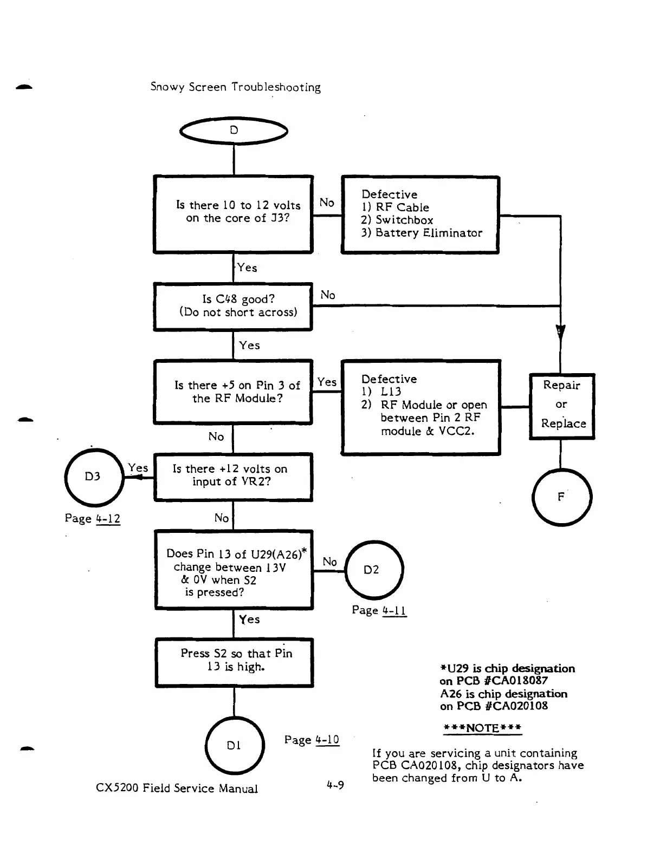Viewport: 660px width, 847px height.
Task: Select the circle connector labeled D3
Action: click(94, 477)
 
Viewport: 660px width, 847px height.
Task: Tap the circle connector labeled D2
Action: click(374, 570)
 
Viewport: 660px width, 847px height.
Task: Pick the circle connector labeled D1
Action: click(235, 745)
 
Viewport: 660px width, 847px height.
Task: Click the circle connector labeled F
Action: click(562, 497)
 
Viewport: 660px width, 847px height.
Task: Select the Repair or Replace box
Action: click(562, 406)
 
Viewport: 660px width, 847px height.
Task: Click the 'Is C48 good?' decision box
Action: click(233, 307)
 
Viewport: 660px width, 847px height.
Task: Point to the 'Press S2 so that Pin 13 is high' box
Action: click(234, 662)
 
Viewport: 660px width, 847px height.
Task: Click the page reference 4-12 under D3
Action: click(108, 518)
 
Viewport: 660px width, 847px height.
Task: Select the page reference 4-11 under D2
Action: click(394, 610)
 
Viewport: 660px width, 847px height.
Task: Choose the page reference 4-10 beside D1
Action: click(327, 739)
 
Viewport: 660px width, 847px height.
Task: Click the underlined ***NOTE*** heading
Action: click(482, 728)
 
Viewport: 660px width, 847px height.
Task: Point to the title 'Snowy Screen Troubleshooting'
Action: click(236, 87)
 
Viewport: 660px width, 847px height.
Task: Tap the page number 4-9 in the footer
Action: click(335, 785)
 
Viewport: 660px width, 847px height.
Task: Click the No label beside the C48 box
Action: click(327, 295)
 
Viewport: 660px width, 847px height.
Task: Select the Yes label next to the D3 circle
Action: click(138, 467)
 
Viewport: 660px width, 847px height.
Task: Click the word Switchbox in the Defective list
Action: click(404, 220)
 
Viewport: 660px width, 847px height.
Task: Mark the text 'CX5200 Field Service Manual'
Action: click(177, 788)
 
